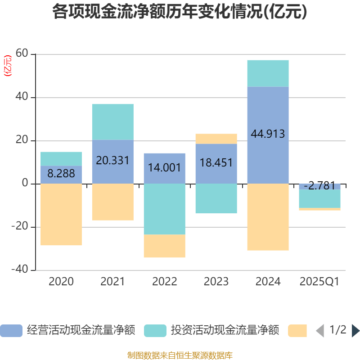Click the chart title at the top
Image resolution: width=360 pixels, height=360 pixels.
180,12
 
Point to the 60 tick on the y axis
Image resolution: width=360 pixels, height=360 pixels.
22,54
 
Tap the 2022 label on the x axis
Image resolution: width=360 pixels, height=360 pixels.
165,282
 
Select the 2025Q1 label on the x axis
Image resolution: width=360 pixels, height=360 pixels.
319,282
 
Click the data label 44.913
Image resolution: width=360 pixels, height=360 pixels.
268,134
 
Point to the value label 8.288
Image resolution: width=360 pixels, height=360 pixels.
61,173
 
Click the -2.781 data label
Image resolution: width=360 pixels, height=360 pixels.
319,185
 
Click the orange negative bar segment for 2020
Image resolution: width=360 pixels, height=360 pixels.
61,215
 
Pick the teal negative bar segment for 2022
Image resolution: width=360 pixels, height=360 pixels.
165,209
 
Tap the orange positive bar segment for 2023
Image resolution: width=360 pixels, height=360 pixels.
216,139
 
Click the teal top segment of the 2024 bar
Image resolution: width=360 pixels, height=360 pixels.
268,73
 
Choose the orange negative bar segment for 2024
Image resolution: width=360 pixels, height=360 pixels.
268,217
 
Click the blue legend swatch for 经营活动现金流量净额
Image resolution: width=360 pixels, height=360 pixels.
11,331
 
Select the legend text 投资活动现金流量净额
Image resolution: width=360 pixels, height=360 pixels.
225,331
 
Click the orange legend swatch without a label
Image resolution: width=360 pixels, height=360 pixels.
297,331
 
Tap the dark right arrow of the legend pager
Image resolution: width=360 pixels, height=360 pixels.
355,331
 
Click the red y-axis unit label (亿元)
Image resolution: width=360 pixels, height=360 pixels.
8,66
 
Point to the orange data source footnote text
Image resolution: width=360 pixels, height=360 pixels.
180,355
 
